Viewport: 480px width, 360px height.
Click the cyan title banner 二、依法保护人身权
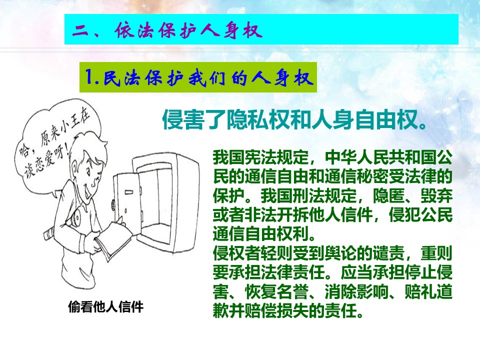(x=261, y=29)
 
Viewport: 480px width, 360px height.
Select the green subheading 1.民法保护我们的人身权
(x=198, y=77)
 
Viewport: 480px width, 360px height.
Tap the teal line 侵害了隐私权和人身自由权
(x=294, y=119)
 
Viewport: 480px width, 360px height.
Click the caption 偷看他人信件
(x=105, y=306)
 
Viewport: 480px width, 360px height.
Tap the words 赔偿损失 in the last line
(x=276, y=310)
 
